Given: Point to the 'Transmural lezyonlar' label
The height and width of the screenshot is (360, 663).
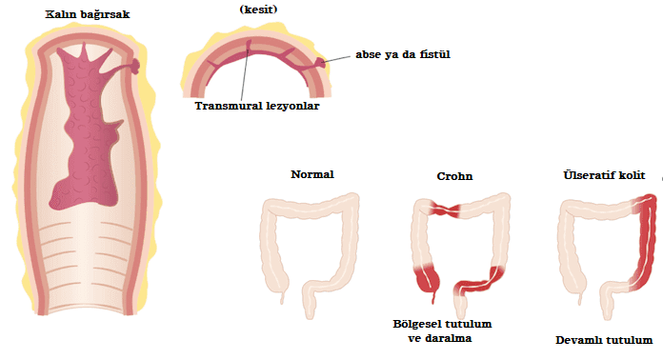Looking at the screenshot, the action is (255, 106).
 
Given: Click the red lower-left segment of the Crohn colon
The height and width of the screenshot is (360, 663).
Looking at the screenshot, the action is (425, 278).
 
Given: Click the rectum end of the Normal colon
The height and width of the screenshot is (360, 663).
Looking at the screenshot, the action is (310, 309).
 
